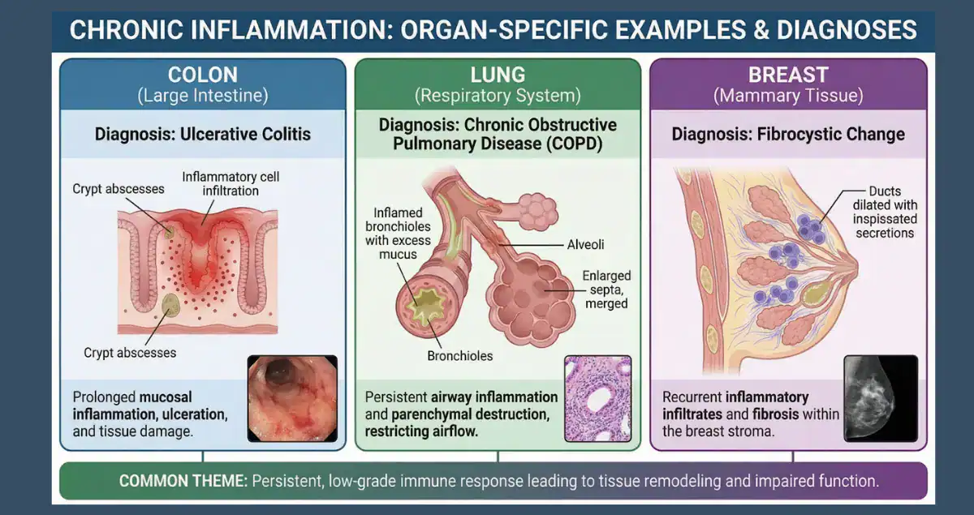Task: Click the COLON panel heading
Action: pyautogui.click(x=202, y=75)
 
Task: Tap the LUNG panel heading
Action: pyautogui.click(x=498, y=75)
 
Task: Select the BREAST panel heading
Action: pyautogui.click(x=788, y=75)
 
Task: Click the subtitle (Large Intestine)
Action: pyautogui.click(x=202, y=96)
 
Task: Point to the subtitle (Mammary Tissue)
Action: pyautogui.click(x=788, y=96)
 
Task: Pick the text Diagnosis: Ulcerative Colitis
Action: pyautogui.click(x=202, y=134)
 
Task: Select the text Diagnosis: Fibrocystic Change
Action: pyautogui.click(x=788, y=134)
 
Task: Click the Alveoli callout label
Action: pyautogui.click(x=585, y=244)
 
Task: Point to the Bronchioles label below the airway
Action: pyautogui.click(x=460, y=355)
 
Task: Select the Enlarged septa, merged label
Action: pyautogui.click(x=606, y=290)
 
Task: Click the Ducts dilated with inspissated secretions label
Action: pyautogui.click(x=884, y=212)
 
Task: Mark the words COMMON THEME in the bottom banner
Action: pyautogui.click(x=183, y=481)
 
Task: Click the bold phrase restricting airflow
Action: pyautogui.click(x=422, y=431)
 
